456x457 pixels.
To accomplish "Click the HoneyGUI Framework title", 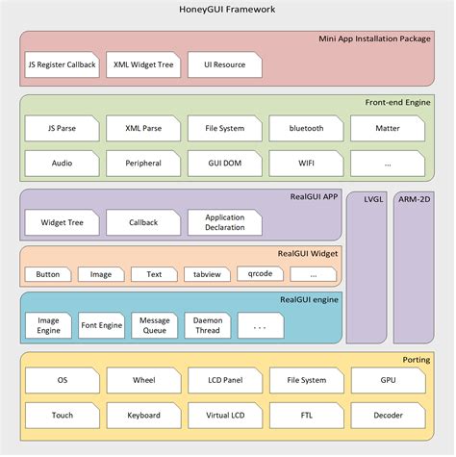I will pyautogui.click(x=228, y=10).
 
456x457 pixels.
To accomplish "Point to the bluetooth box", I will pyautogui.click(x=307, y=128).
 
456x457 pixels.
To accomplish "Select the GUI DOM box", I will pyautogui.click(x=224, y=164).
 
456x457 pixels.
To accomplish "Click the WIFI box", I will pyautogui.click(x=307, y=164).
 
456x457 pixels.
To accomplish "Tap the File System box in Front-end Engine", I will pyautogui.click(x=224, y=128).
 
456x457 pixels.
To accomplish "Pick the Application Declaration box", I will pyautogui.click(x=224, y=223).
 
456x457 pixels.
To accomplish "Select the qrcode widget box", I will pyautogui.click(x=261, y=274).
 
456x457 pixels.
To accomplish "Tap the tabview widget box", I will pyautogui.click(x=207, y=274).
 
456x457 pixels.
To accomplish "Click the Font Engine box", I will pyautogui.click(x=101, y=325).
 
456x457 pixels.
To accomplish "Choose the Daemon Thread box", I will pyautogui.click(x=207, y=325).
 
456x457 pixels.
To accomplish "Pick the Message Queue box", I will pyautogui.click(x=154, y=325).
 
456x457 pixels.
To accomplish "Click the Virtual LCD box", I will pyautogui.click(x=224, y=416).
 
